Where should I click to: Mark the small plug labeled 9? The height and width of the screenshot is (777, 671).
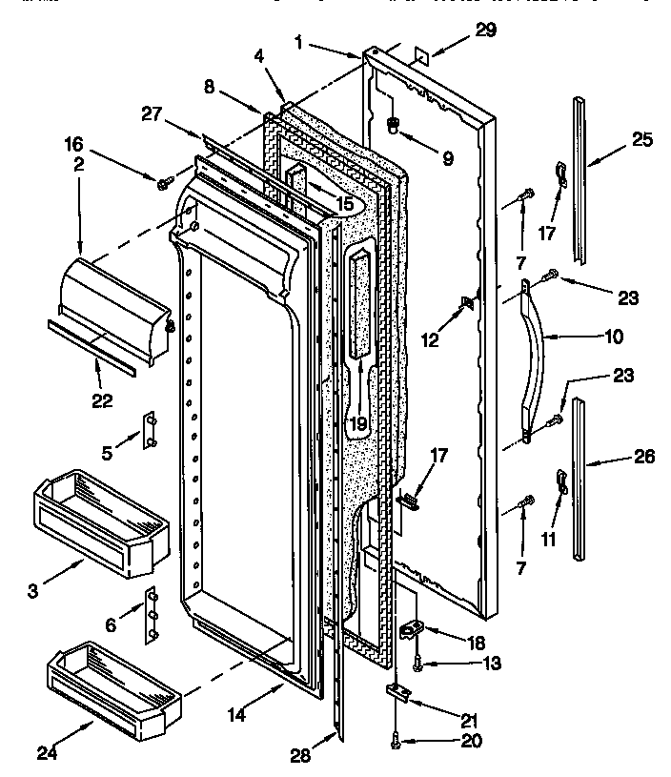coord(393,125)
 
